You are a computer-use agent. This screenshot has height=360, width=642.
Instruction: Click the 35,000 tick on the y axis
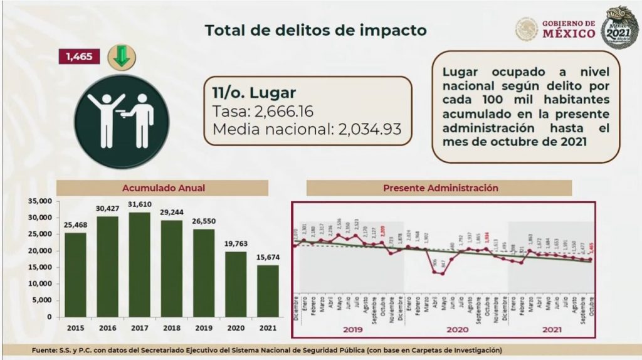38,201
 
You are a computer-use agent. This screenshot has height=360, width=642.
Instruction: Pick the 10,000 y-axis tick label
38,283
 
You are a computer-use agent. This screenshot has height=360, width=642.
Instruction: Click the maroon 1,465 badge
78,57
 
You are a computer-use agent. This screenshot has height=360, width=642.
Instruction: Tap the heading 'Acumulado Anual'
164,188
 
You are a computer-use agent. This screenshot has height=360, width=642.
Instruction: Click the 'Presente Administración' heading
441,188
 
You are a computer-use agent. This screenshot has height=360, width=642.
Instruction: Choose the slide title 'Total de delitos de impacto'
316,30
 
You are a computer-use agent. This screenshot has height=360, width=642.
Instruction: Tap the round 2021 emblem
619,28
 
